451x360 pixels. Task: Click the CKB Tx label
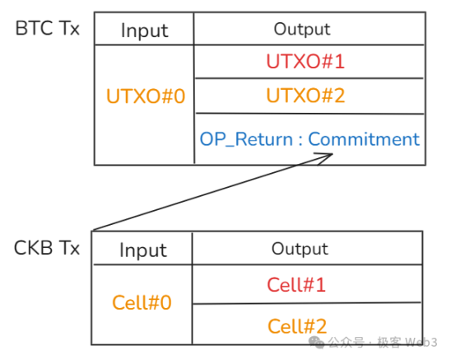tap(48, 248)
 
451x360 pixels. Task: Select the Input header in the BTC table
tap(145, 30)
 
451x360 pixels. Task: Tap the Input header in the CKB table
tap(143, 250)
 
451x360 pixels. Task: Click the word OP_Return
tap(246, 139)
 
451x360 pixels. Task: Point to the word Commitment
tap(365, 139)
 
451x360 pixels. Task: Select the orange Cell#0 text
tap(142, 302)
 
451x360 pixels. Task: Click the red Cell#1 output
tap(296, 285)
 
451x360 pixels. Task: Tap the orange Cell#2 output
tap(296, 325)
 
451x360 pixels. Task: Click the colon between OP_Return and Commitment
tap(300, 140)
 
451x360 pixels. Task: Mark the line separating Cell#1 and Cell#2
tap(308, 304)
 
